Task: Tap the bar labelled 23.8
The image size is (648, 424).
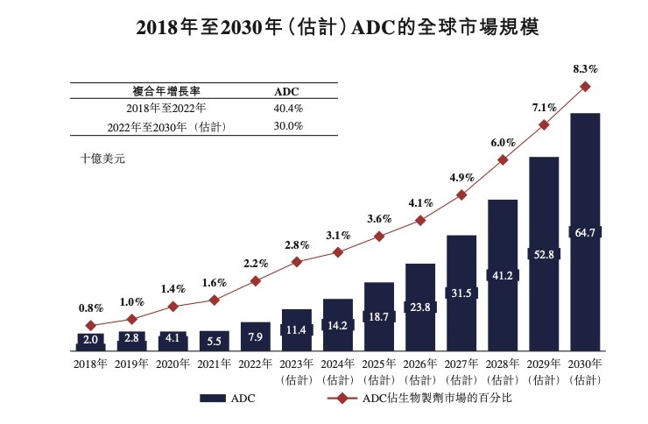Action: point(420,307)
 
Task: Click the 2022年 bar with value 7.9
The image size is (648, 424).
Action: point(255,336)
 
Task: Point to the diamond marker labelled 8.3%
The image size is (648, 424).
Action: point(585,86)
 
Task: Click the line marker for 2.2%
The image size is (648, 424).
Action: point(255,281)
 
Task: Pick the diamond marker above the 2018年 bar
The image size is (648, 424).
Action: point(90,326)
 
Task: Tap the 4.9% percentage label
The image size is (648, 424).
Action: point(461,178)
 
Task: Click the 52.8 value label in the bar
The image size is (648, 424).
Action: point(544,254)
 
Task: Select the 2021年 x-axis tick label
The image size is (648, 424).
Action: point(214,364)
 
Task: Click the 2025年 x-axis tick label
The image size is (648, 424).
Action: point(379,364)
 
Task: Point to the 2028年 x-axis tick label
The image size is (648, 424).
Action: point(503,364)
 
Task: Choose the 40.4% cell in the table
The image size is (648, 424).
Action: point(289,109)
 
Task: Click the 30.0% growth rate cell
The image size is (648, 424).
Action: point(289,126)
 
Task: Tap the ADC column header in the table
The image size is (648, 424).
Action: point(286,91)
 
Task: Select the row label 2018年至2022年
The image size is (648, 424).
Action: point(166,109)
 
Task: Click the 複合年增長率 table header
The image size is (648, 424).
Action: point(166,91)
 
